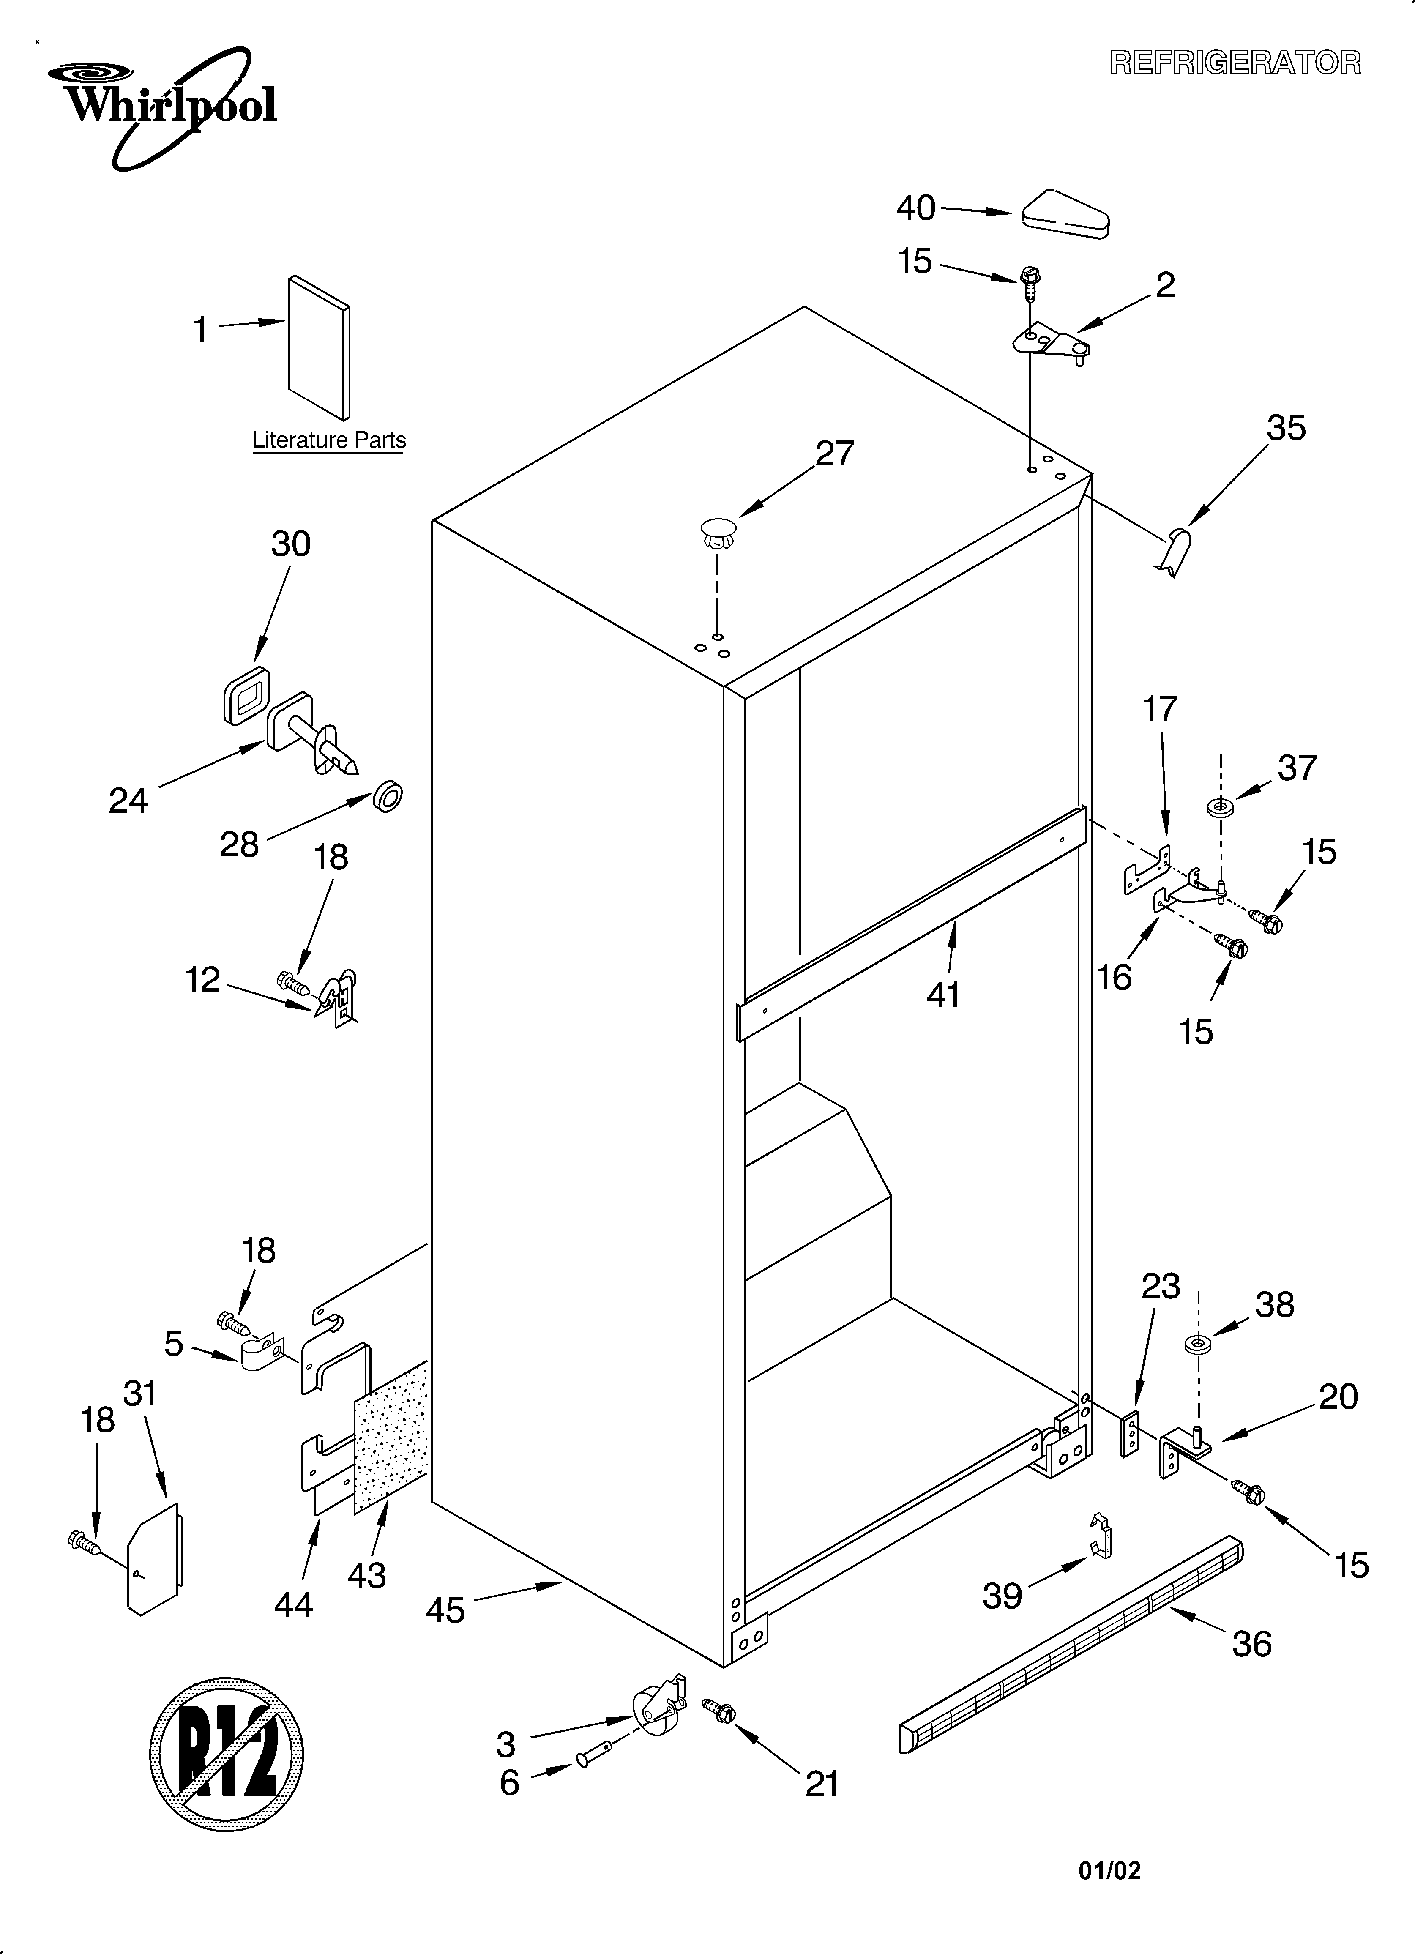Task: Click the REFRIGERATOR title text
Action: (x=1235, y=63)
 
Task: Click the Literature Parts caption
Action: (x=328, y=440)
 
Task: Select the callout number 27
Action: (x=834, y=453)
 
